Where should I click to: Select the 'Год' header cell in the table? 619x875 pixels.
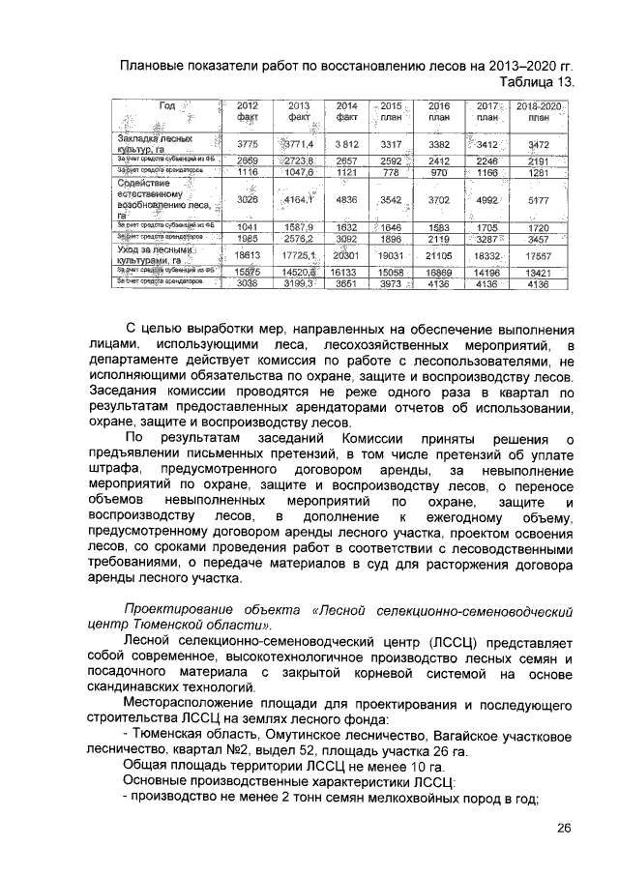click(x=166, y=106)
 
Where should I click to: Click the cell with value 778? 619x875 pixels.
click(x=391, y=171)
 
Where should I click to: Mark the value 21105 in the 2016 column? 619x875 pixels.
click(x=439, y=254)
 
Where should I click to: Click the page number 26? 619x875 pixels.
click(x=565, y=828)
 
